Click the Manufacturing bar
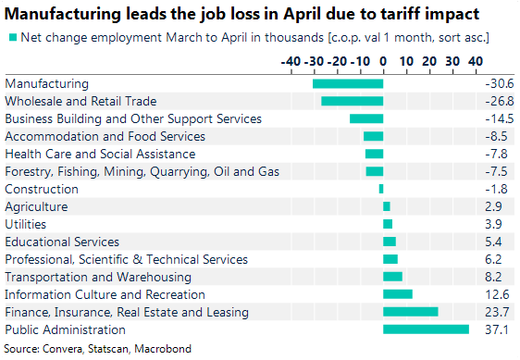[x=348, y=83]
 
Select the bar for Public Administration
[x=426, y=329]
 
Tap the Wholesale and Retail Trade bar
[x=352, y=101]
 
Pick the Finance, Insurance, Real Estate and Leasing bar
[x=410, y=312]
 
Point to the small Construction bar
[x=381, y=189]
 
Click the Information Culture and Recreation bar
[x=397, y=294]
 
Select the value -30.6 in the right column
[x=498, y=83]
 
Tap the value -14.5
[x=498, y=118]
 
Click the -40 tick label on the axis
[x=290, y=61]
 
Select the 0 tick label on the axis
[x=383, y=61]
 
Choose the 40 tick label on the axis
[x=474, y=61]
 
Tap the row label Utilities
[x=26, y=224]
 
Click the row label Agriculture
[x=36, y=206]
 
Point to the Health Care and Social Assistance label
[x=100, y=154]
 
